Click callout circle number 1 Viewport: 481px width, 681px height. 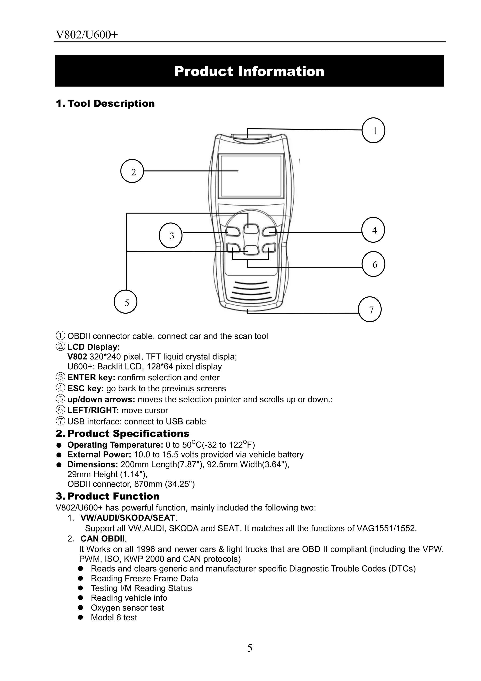point(373,131)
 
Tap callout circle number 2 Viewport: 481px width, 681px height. point(132,171)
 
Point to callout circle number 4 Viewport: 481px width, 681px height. point(373,230)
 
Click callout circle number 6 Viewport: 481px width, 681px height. point(374,264)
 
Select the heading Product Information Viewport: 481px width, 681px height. point(249,71)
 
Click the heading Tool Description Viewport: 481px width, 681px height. point(111,104)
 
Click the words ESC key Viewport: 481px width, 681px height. point(85,389)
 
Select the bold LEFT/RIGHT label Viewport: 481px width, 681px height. point(93,410)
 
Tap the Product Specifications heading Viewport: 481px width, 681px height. point(128,433)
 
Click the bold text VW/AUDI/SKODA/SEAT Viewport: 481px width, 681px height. point(128,518)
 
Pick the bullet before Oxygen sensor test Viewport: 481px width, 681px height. point(80,608)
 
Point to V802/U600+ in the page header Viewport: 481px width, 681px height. point(87,35)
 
